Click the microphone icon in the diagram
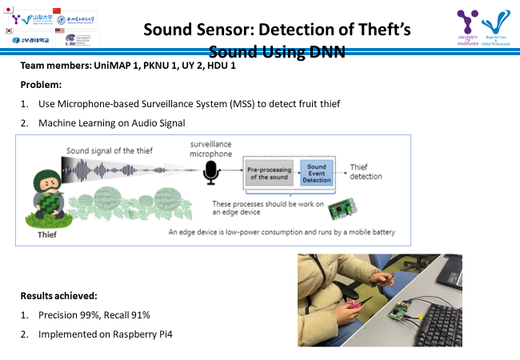pos(210,170)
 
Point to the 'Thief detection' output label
pos(365,171)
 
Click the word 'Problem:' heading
pos(41,85)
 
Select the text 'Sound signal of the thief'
pos(110,150)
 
